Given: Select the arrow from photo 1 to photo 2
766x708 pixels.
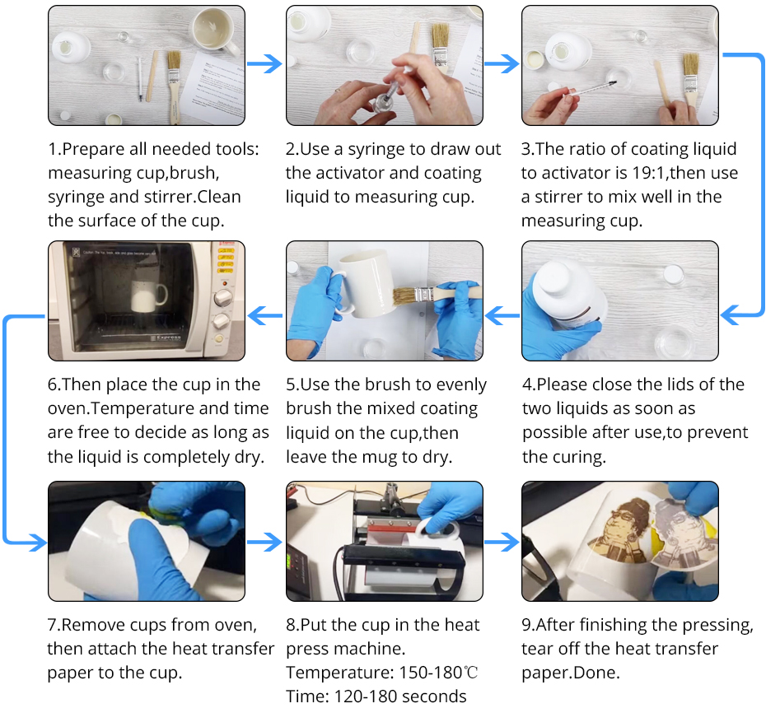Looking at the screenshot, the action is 264,63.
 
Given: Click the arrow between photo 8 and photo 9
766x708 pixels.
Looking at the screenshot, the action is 502,542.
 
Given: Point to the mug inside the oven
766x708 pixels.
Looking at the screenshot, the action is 148,296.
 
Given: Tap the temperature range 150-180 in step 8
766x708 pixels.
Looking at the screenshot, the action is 431,673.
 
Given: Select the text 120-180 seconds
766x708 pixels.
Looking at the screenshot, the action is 400,696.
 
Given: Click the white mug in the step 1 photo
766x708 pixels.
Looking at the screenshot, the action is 214,30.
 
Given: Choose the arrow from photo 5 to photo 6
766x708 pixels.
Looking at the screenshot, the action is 265,315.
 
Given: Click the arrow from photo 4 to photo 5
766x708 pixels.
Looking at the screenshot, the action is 502,315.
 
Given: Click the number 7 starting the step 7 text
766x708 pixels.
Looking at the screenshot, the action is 52,625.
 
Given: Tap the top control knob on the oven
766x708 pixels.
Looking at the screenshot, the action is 223,296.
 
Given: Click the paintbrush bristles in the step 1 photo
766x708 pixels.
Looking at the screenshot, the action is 174,61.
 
